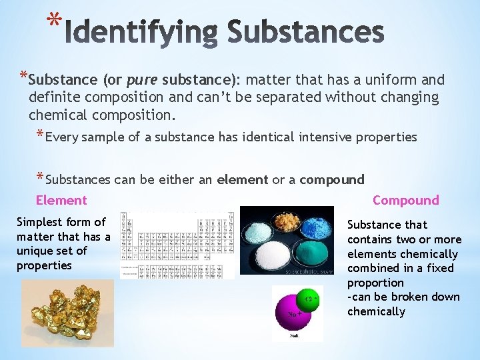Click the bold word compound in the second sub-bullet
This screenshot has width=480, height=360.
coord(332,179)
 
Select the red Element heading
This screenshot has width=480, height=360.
coord(61,200)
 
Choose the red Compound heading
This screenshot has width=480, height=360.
coord(405,200)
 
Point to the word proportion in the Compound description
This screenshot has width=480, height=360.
coord(375,283)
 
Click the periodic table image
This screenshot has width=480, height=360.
coord(177,245)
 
